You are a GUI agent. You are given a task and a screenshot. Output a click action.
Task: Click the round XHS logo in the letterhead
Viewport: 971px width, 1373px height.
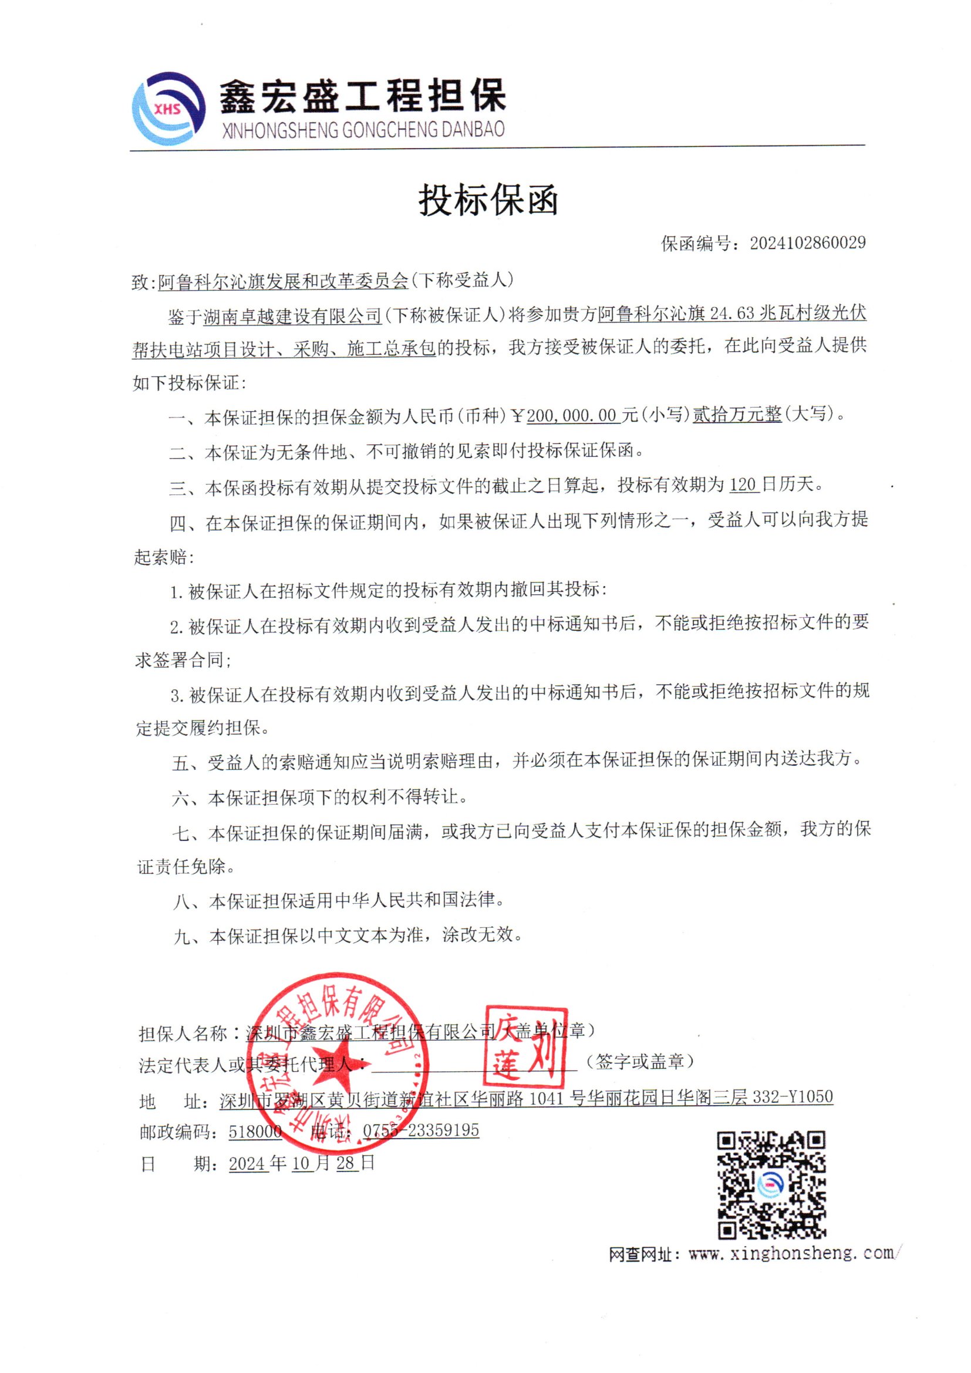[168, 108]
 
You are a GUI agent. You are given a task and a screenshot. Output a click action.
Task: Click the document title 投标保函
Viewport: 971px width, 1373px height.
[488, 200]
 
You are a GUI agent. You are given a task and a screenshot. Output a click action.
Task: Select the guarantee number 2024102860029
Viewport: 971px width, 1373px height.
[807, 243]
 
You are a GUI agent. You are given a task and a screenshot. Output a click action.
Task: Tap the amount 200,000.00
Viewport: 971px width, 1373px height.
[571, 415]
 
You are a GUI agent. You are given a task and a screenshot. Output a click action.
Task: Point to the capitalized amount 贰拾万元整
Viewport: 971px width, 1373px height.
[737, 415]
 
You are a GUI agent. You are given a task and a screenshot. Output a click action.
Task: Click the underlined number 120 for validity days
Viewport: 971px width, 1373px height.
[743, 484]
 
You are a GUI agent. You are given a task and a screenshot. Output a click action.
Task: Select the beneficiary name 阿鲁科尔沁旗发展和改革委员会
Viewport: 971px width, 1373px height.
[283, 281]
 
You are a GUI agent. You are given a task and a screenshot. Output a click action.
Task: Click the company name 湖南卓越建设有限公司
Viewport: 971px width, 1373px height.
[292, 316]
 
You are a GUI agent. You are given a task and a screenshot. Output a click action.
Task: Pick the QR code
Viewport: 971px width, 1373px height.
[771, 1184]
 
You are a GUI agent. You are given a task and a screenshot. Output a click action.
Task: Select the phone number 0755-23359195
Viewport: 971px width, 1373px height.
[421, 1130]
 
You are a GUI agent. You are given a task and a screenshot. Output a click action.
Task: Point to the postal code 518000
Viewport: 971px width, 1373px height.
[255, 1131]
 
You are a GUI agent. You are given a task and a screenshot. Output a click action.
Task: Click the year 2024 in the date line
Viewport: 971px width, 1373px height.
[247, 1163]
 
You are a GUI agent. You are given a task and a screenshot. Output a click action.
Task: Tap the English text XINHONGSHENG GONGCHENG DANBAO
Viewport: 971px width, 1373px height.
[363, 130]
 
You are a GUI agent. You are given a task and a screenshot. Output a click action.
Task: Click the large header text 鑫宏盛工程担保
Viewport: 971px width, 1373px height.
[362, 96]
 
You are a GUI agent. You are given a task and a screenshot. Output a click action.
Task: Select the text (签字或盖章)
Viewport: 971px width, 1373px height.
[639, 1061]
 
